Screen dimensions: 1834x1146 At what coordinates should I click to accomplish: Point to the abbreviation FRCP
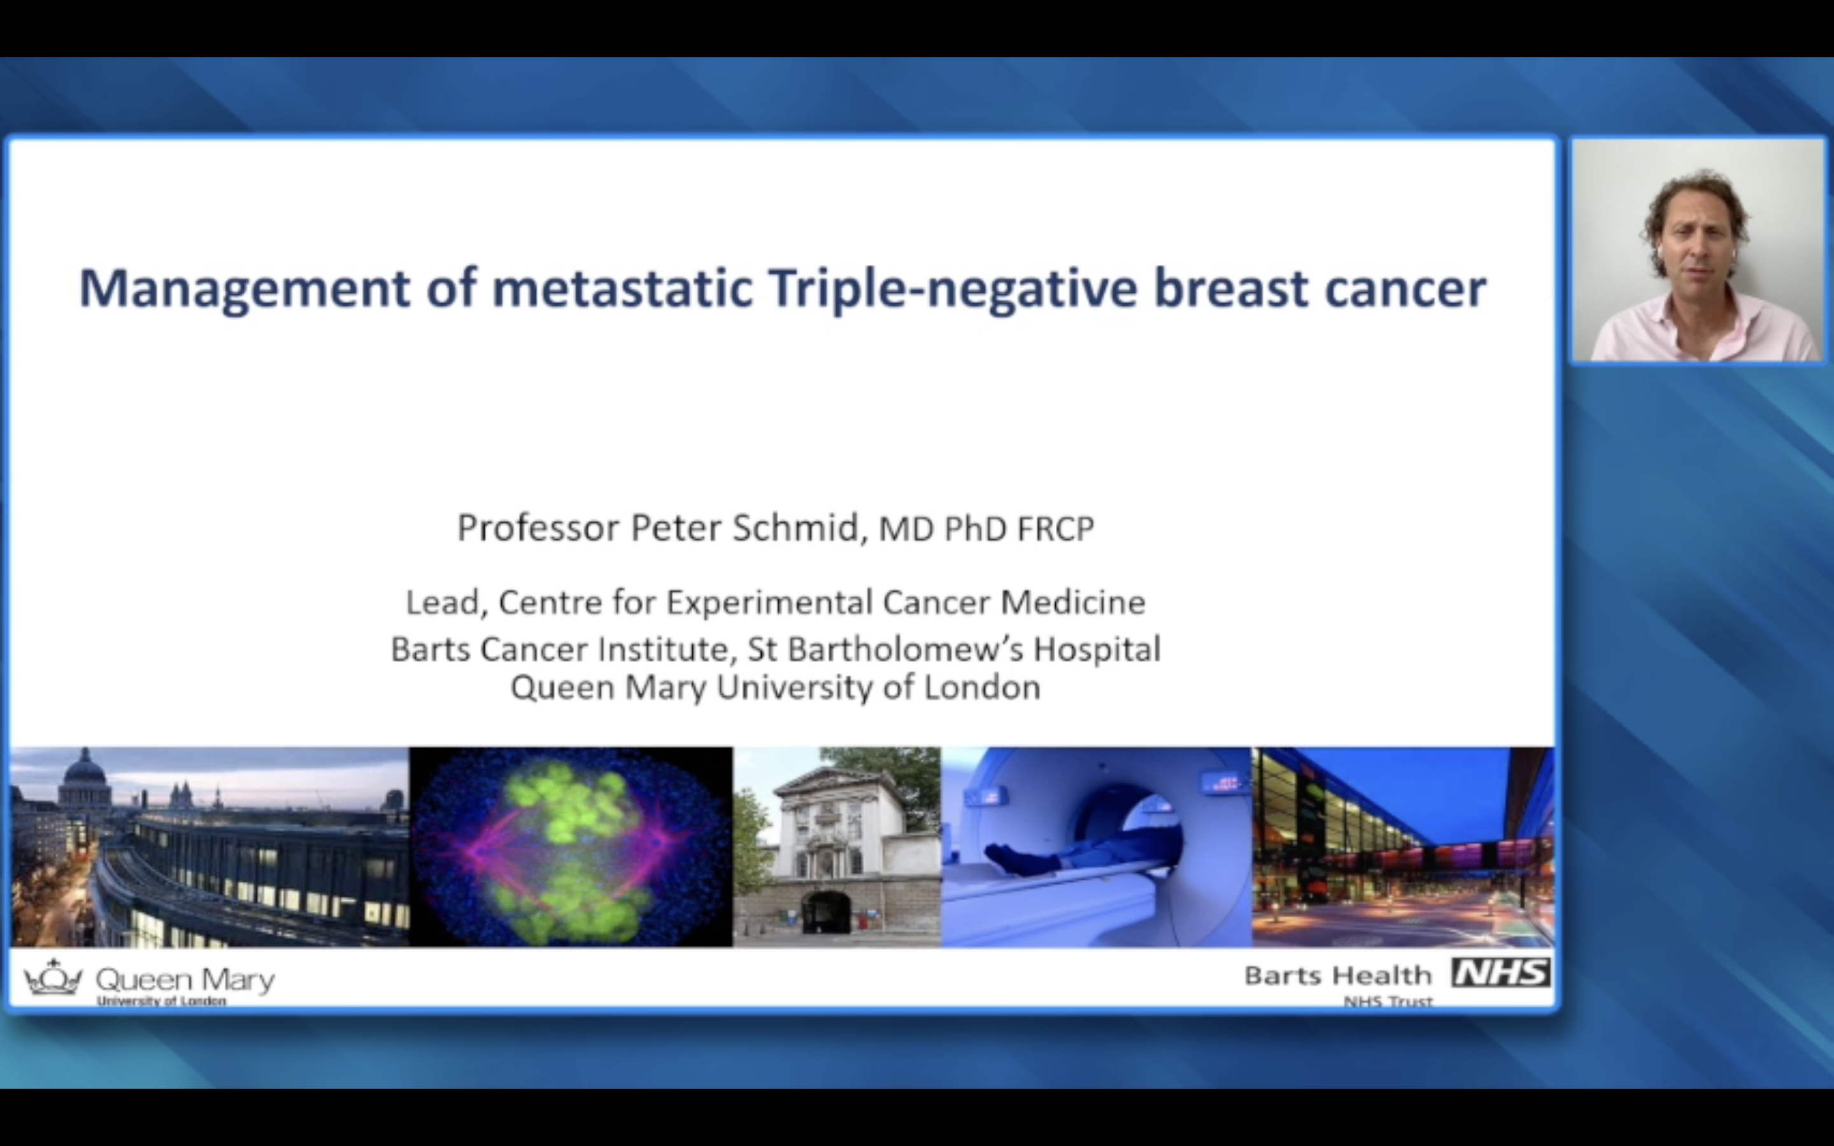pos(1055,529)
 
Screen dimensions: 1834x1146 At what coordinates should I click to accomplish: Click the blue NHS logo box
pos(1500,972)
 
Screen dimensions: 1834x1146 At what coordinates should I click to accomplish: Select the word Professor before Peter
pos(538,528)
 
